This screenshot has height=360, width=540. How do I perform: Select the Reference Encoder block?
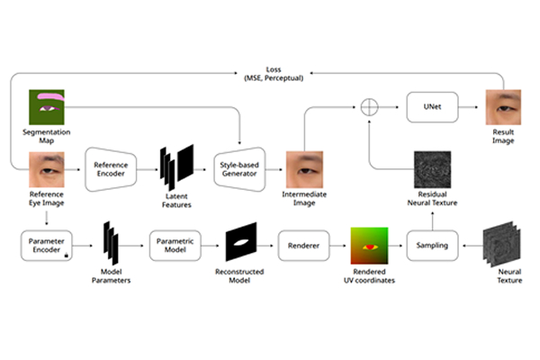click(x=113, y=168)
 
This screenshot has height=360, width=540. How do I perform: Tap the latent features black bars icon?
click(x=176, y=166)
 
